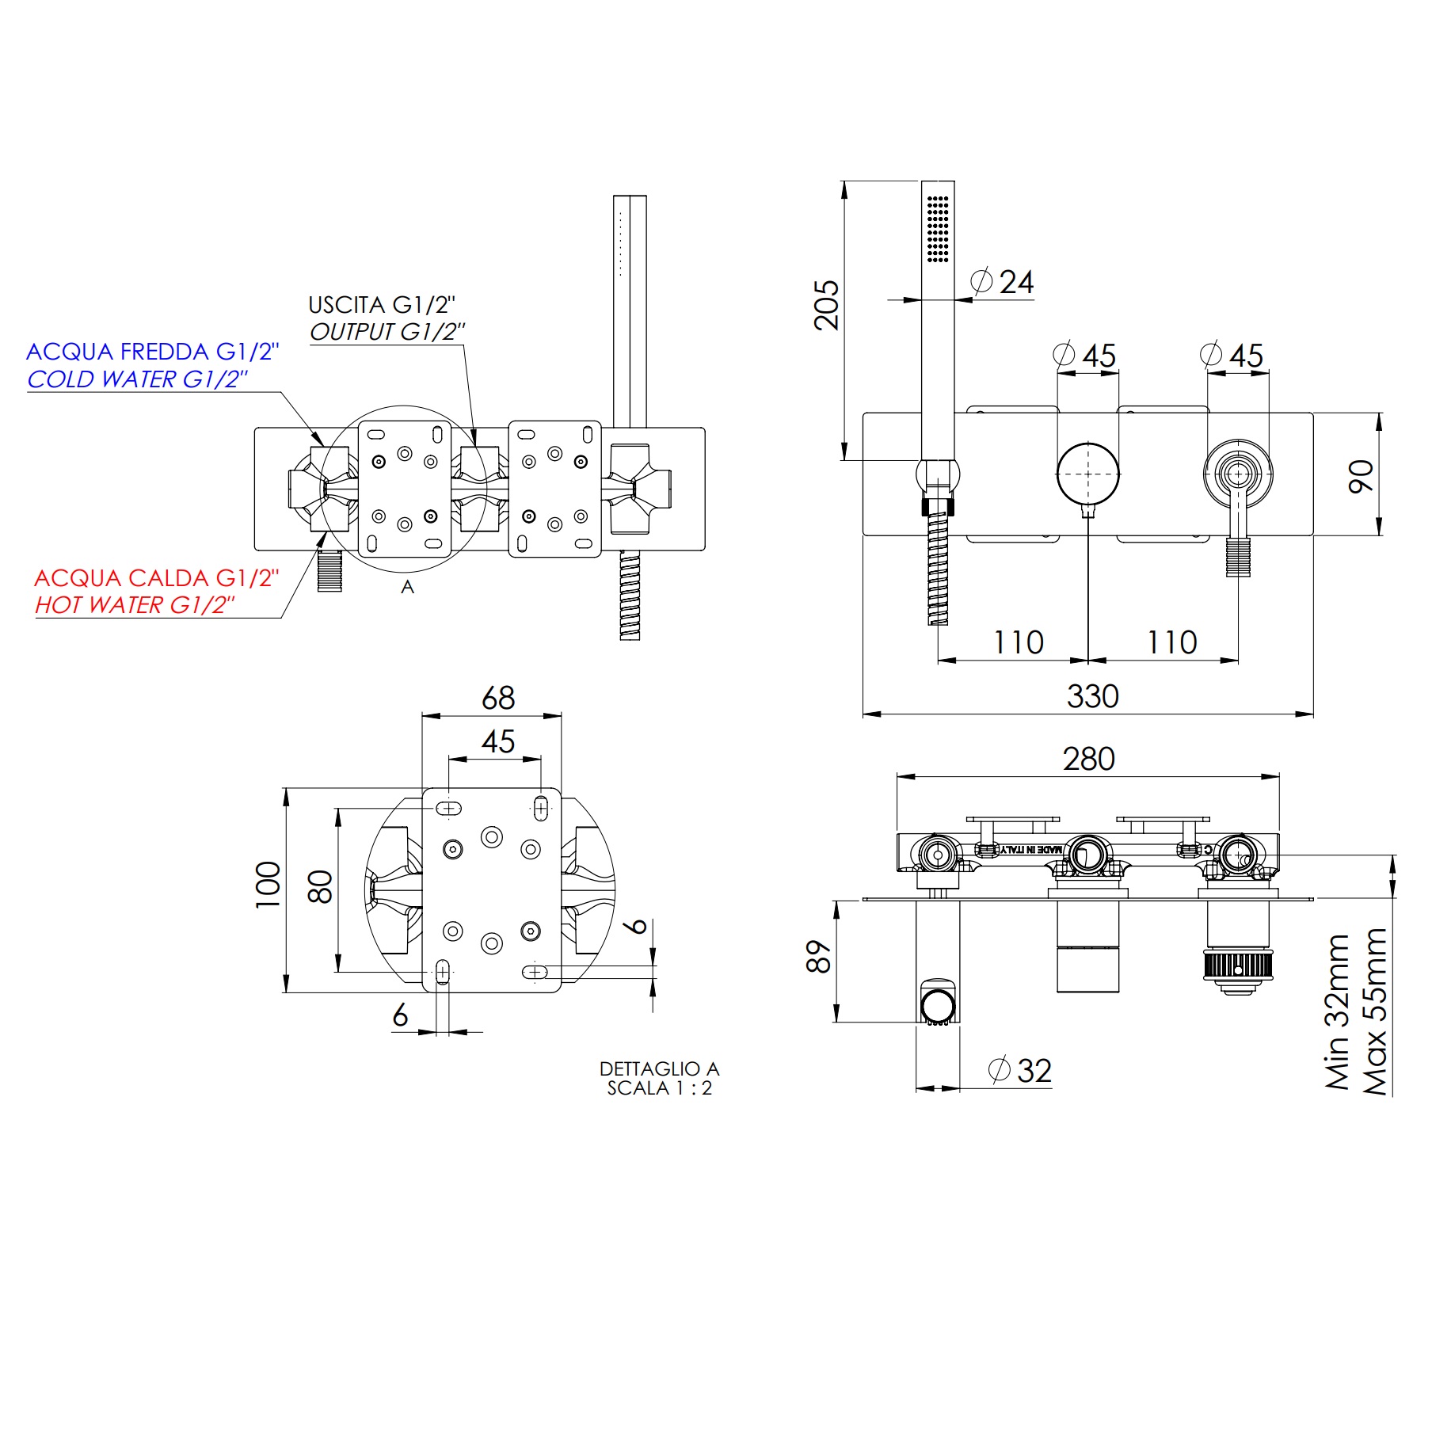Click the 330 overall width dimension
[x=1092, y=697]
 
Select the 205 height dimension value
[x=826, y=305]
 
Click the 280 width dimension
[x=1088, y=759]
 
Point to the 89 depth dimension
[x=819, y=957]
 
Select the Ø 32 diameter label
[x=1021, y=1071]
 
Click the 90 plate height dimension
[x=1361, y=475]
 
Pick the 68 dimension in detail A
[x=498, y=698]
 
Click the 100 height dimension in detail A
[x=268, y=885]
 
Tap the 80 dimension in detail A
[x=320, y=887]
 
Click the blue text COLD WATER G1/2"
[x=137, y=379]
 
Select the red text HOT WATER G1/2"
[x=135, y=605]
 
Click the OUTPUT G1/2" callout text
[x=387, y=332]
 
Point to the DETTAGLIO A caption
[x=658, y=1068]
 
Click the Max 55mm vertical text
[x=1376, y=1011]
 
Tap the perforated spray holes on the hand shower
[x=938, y=229]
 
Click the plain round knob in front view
[x=1088, y=474]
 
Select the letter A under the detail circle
[x=407, y=587]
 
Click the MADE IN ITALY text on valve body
[x=1030, y=849]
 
